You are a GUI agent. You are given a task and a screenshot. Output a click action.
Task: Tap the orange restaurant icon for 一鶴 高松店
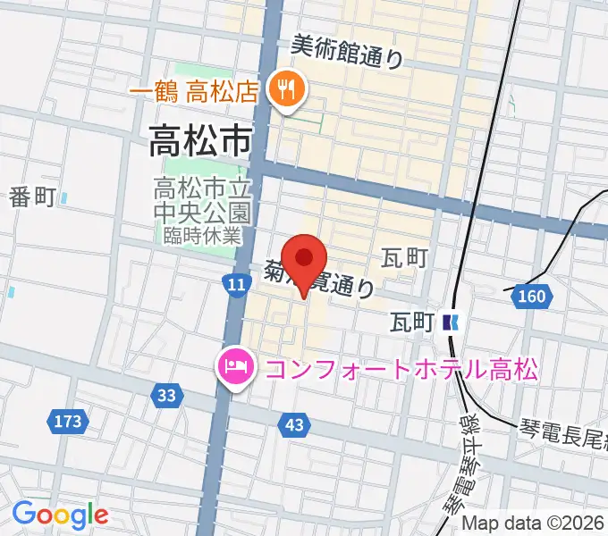[287, 89]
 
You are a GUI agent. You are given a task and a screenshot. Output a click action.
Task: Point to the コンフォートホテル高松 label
[397, 368]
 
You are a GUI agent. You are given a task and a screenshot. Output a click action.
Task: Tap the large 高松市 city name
[199, 140]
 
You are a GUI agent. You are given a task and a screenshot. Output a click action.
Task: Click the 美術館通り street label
[347, 52]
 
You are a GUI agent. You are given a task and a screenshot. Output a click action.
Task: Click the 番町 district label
[33, 197]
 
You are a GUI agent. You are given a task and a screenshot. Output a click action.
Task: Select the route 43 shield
[294, 425]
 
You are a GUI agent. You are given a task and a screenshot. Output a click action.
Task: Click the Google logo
[60, 515]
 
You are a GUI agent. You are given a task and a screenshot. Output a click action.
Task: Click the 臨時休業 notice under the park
[203, 236]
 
